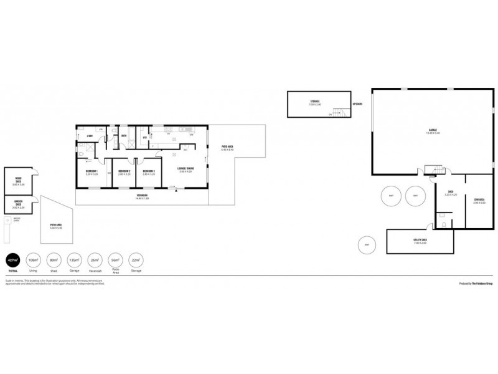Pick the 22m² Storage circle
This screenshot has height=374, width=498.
pos(134,260)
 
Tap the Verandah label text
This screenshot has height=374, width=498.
pos(146,196)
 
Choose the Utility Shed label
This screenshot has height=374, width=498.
pos(420,240)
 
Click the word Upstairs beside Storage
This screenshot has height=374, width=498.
pos(358,103)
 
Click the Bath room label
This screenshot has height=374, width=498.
pos(125,136)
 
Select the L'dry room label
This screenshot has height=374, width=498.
pos(90,136)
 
